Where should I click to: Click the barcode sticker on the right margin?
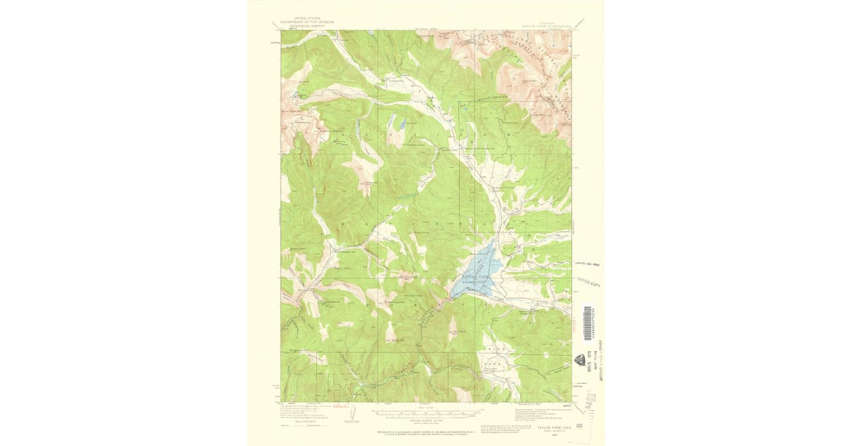[587, 323]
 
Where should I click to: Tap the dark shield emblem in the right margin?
[582, 360]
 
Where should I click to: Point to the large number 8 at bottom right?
[578, 426]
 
